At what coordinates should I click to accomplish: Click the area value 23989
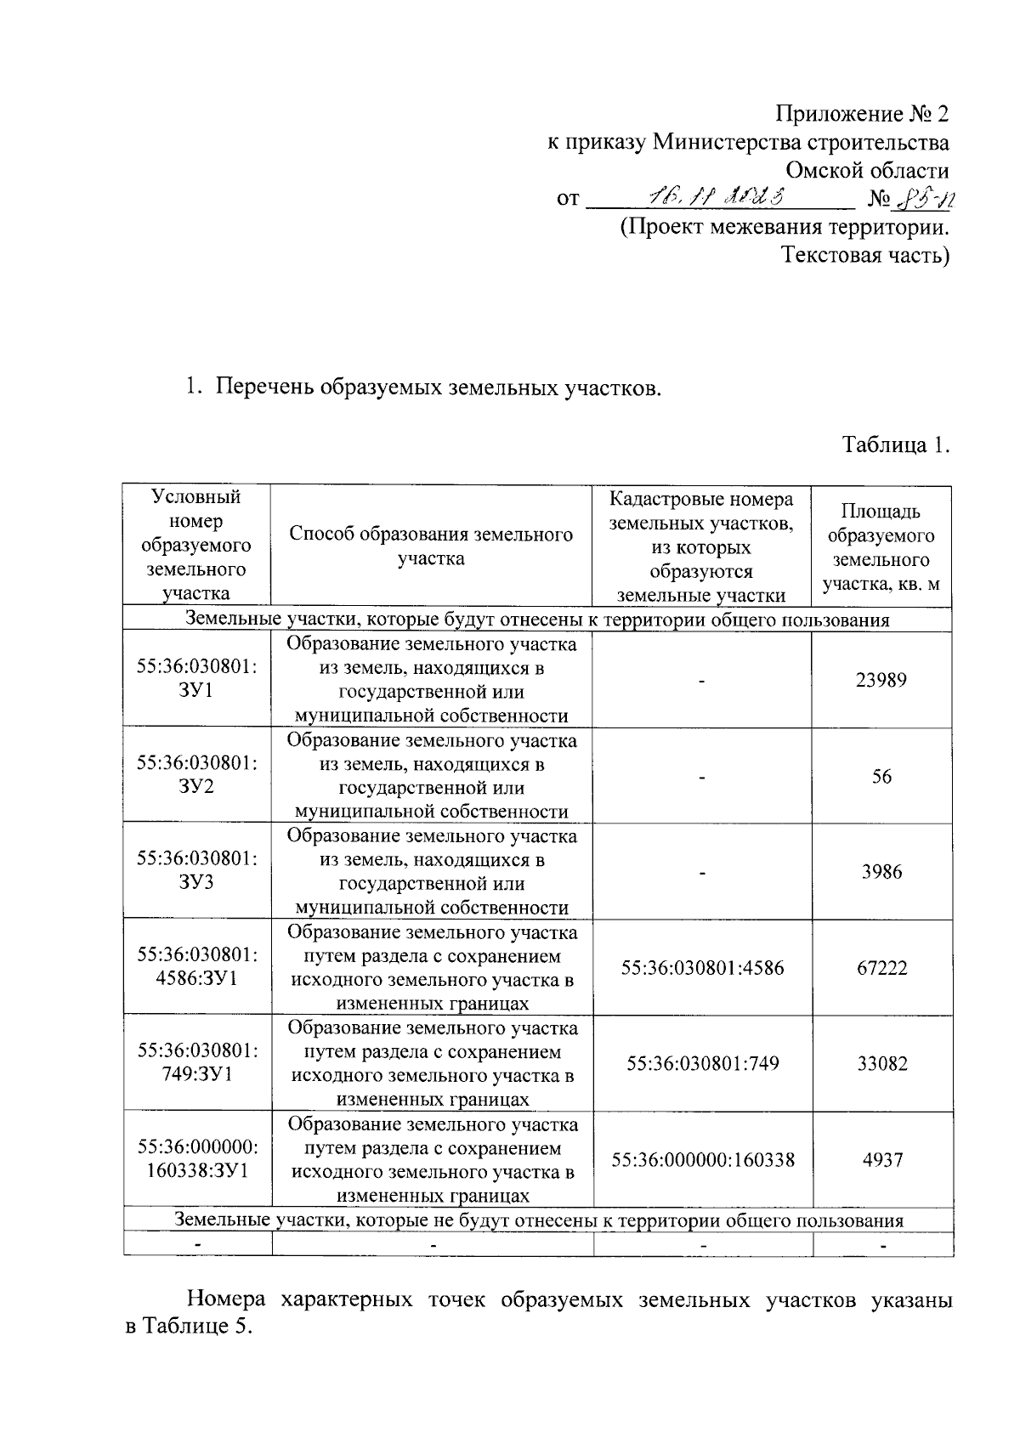click(881, 680)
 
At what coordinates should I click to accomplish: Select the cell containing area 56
click(881, 776)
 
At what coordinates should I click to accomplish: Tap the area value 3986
click(881, 872)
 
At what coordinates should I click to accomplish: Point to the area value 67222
click(881, 968)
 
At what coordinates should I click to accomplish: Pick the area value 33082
click(881, 1063)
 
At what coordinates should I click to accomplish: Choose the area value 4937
click(881, 1159)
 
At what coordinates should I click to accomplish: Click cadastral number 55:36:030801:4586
click(702, 968)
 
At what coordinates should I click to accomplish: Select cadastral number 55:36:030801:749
click(702, 1063)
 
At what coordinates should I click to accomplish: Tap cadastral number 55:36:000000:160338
click(703, 1159)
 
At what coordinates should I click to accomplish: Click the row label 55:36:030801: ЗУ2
click(197, 774)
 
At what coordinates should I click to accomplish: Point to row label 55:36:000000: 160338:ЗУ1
click(197, 1158)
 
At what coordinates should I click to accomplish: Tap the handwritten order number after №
click(925, 199)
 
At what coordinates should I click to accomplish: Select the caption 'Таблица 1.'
click(895, 444)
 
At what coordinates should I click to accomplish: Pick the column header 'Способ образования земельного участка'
click(431, 546)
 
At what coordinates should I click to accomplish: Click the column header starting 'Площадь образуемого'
click(881, 547)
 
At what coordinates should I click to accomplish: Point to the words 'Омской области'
click(867, 170)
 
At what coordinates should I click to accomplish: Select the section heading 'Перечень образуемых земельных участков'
click(437, 388)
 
